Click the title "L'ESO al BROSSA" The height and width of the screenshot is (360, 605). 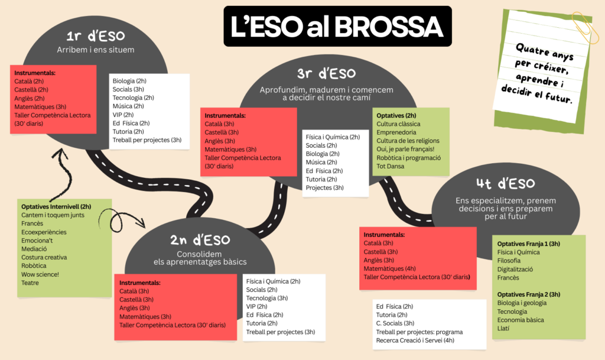tap(337, 27)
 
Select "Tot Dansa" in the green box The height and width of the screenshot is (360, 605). tap(391, 166)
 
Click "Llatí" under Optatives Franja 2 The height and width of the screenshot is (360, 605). tap(504, 328)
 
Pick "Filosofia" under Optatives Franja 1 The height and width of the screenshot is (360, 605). tap(509, 261)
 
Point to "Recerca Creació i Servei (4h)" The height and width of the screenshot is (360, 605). tap(415, 340)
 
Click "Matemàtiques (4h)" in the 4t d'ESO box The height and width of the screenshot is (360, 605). tap(390, 268)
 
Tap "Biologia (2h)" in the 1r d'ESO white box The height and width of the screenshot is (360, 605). tap(131, 80)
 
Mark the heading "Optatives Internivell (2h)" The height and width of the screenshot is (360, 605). tap(56, 207)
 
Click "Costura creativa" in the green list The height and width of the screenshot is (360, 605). tap(44, 257)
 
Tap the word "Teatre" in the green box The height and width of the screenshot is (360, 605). tap(31, 283)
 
